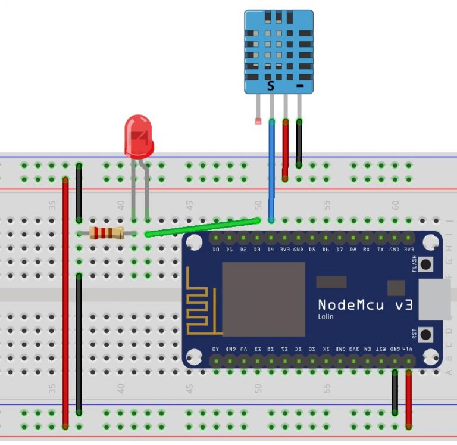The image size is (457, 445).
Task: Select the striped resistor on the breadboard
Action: tap(106, 234)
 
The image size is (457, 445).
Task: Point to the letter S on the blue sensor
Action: tap(271, 86)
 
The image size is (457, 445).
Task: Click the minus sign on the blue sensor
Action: tap(299, 86)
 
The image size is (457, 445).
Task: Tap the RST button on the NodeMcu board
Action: tap(425, 334)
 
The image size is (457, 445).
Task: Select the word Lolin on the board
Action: tap(325, 317)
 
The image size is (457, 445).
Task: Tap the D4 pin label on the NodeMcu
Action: tap(271, 250)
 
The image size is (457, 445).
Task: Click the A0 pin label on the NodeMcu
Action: tap(215, 348)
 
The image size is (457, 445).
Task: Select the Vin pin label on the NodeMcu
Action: tap(408, 348)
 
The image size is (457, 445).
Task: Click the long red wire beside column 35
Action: tap(65, 298)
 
